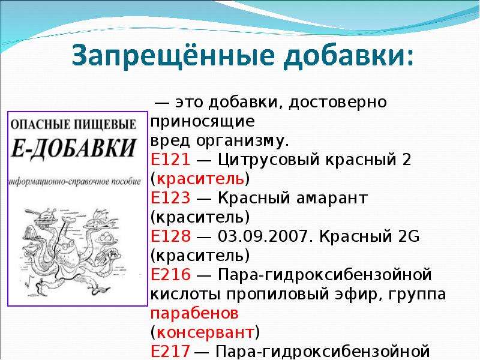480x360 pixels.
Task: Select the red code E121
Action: click(x=170, y=160)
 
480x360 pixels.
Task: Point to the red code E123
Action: click(x=170, y=198)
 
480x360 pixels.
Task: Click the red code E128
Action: click(x=170, y=236)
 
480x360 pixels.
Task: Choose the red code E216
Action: click(x=170, y=274)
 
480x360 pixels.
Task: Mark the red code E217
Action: click(x=170, y=351)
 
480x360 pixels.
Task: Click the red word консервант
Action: click(x=205, y=332)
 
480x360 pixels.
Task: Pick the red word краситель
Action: click(x=200, y=179)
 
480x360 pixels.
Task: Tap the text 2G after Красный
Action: click(x=409, y=236)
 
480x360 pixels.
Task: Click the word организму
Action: click(x=242, y=141)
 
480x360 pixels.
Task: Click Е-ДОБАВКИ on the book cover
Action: click(x=73, y=149)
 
